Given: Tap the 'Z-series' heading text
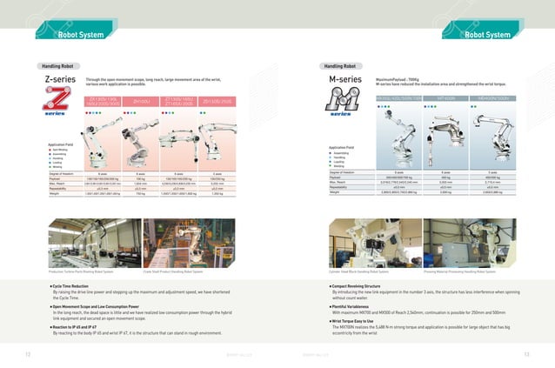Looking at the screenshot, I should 58,81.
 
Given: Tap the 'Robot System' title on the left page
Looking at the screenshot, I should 81,36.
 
